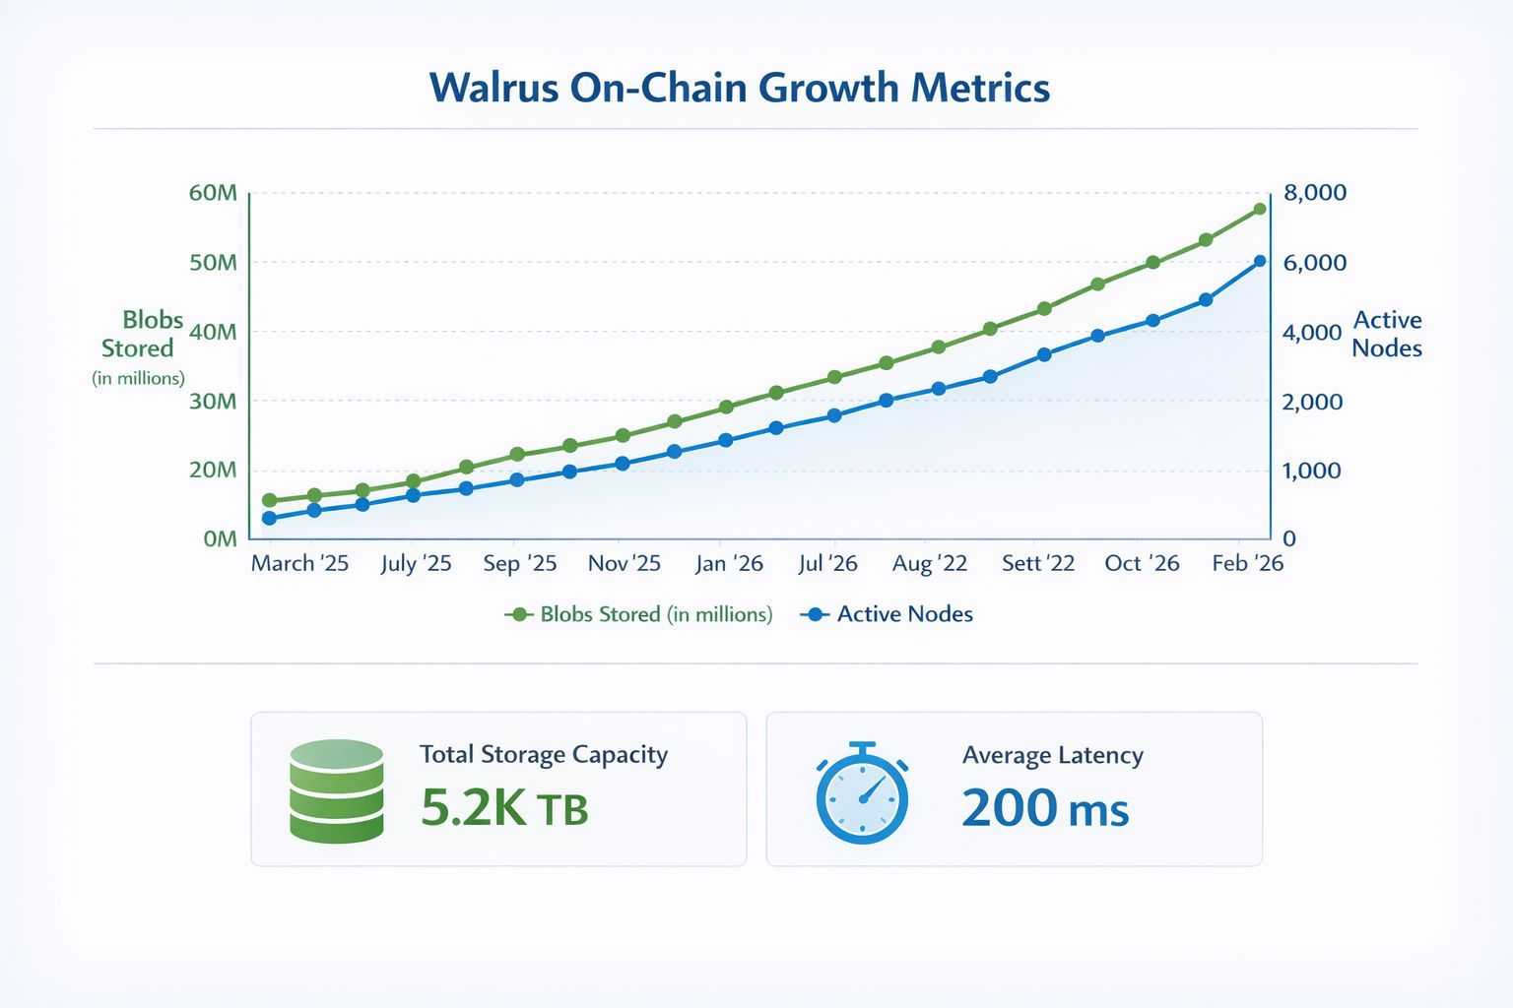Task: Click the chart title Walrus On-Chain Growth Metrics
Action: (x=740, y=88)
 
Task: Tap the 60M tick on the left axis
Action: (x=213, y=193)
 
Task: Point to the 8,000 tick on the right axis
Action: (x=1315, y=193)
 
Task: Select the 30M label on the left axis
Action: (x=213, y=402)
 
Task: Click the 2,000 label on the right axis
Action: (x=1313, y=402)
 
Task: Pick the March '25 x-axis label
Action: (x=299, y=563)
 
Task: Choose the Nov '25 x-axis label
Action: (x=624, y=563)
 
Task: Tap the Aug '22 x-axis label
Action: (x=929, y=563)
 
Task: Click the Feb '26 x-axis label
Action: (x=1247, y=563)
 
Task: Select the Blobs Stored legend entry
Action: (x=639, y=614)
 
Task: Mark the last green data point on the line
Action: (x=1259, y=209)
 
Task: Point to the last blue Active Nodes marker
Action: (x=1259, y=262)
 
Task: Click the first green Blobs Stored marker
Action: (x=269, y=500)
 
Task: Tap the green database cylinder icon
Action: (x=337, y=790)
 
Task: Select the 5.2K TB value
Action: (x=504, y=808)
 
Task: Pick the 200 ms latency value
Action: (x=1045, y=808)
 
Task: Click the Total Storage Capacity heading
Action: (x=544, y=754)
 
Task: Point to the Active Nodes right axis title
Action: (x=1387, y=334)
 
